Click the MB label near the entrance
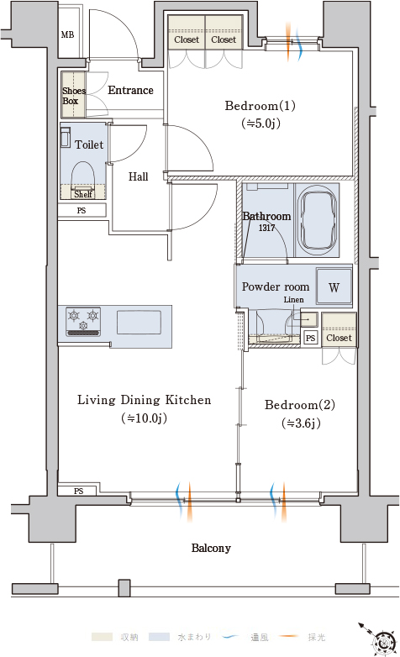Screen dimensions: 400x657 (x=67, y=34)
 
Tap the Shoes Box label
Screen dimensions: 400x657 (x=74, y=96)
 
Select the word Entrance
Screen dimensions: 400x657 (x=130, y=90)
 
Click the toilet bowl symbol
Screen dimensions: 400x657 (x=82, y=176)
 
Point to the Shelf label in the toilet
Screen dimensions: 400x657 (x=83, y=194)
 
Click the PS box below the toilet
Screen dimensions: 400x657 (x=82, y=210)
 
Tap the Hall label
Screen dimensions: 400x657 (x=138, y=176)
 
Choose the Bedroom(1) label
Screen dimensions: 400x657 (x=260, y=106)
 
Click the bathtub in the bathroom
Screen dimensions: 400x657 (x=317, y=220)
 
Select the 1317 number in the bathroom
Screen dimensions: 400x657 (x=266, y=228)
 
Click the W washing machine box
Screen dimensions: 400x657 (x=334, y=286)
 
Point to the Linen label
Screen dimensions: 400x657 (x=293, y=300)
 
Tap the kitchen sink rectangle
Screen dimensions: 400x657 (x=139, y=322)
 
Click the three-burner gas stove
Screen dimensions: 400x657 (x=83, y=322)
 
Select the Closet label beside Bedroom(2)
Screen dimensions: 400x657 (x=339, y=338)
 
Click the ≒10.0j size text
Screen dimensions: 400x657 (x=144, y=418)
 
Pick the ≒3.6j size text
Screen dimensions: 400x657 (x=301, y=423)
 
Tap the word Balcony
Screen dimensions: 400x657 (x=211, y=548)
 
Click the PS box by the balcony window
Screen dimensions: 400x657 (x=78, y=491)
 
